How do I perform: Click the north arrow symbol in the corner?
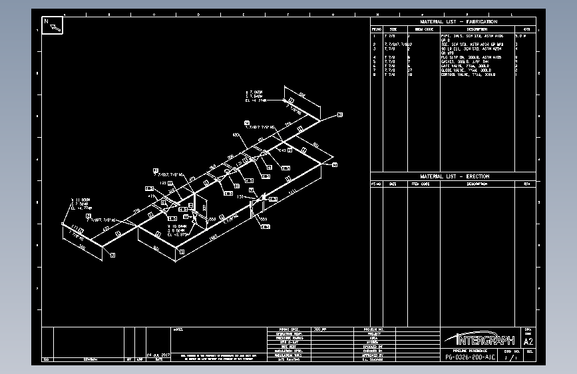click(x=53, y=25)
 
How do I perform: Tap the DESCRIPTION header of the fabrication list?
click(x=476, y=29)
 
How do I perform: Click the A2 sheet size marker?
click(x=528, y=341)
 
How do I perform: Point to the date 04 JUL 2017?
click(x=159, y=355)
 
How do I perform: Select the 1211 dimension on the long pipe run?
click(x=292, y=193)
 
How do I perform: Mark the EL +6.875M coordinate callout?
click(x=179, y=235)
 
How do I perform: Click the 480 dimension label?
click(x=236, y=134)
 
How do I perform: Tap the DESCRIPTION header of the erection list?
click(x=476, y=184)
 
